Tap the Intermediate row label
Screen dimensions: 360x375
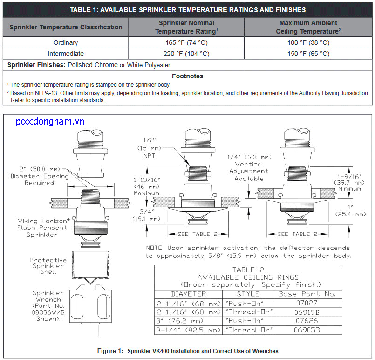click(65, 54)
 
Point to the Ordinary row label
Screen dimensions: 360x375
click(65, 42)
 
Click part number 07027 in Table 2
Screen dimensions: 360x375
click(307, 303)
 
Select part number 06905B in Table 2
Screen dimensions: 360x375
click(307, 330)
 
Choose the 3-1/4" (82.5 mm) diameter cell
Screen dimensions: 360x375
click(188, 330)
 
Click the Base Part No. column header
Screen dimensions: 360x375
click(307, 294)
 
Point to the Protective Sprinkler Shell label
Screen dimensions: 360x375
click(48, 266)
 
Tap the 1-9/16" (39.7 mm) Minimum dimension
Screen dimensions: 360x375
click(350, 183)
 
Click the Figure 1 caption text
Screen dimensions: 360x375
click(188, 351)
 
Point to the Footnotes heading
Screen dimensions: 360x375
click(187, 76)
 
